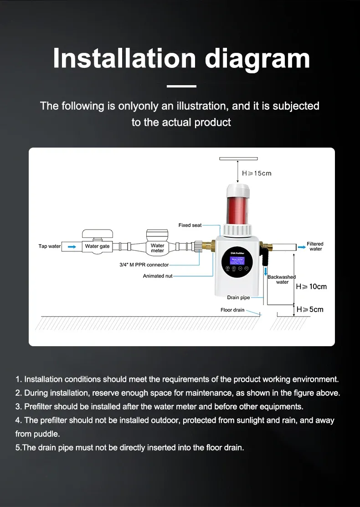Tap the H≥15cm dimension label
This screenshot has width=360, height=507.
257,174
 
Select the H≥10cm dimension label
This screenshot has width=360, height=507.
311,287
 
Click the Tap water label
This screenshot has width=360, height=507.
49,246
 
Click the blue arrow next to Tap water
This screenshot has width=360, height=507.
72,246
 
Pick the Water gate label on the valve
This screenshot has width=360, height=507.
98,246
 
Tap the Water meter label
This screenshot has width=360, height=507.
158,248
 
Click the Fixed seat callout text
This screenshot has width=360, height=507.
190,225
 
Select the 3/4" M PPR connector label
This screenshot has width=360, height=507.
141,265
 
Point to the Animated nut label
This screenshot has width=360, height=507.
158,276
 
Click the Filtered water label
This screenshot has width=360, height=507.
315,246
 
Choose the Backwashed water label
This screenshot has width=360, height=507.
282,279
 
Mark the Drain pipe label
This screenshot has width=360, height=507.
239,297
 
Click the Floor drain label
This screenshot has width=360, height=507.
232,310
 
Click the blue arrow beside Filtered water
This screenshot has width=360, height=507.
302,246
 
